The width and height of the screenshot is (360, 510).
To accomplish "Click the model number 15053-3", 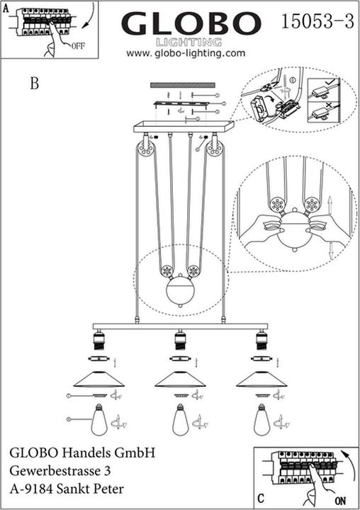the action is pos(317,21).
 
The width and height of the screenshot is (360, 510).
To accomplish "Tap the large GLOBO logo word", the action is pos(191,23).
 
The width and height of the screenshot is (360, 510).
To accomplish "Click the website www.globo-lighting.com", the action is pos(186,53).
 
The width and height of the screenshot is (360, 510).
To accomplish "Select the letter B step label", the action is pos(35,84).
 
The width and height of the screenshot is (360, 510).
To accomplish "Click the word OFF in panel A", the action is pos(78,46).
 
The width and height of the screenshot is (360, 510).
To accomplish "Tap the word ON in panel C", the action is pos(340,500).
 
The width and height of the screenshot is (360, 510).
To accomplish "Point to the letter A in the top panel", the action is pos(6,8).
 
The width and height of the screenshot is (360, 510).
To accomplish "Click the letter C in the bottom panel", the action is pos(261,498).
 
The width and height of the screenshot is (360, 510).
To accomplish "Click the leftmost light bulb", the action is pos(99,420).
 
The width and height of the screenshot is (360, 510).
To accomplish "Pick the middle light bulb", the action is pos(180,420).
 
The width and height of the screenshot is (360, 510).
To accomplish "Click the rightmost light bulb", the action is pos(261,420).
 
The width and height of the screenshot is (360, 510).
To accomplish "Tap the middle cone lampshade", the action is pos(180,379).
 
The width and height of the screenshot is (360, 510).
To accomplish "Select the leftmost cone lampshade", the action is pos(99,379).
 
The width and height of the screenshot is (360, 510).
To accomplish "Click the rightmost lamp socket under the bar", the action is pos(261,340).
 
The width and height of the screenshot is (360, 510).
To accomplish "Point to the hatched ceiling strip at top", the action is pos(183,85).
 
